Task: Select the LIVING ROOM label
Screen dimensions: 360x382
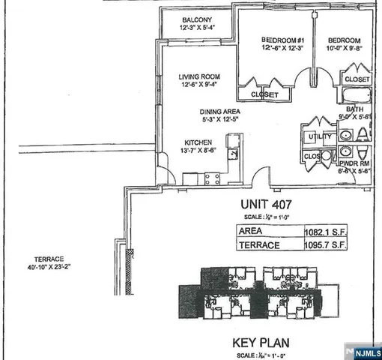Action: [x=199, y=76]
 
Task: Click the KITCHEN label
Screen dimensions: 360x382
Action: [x=199, y=142]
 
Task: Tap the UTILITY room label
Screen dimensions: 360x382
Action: [x=314, y=136]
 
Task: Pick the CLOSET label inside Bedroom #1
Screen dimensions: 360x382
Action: [x=264, y=95]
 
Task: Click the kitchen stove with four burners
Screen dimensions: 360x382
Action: [x=212, y=179]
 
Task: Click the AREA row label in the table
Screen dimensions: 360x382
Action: [x=250, y=232]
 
